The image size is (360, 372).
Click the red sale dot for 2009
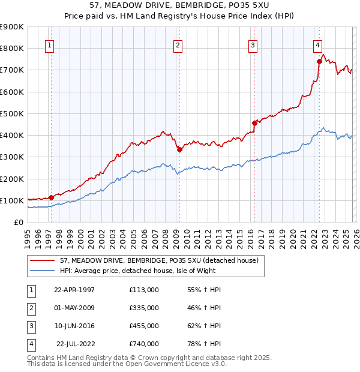coord(179,150)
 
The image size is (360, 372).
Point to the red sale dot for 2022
coord(319,61)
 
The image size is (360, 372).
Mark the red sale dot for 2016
coord(254,124)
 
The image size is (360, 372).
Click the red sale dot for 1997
coord(52,197)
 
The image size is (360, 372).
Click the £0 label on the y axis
coord(19,222)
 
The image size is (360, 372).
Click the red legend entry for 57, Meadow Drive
coord(159,260)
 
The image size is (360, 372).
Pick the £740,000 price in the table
coord(143,344)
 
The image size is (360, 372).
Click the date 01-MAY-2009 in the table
coord(74,308)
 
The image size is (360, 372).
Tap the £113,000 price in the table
coord(143,290)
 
